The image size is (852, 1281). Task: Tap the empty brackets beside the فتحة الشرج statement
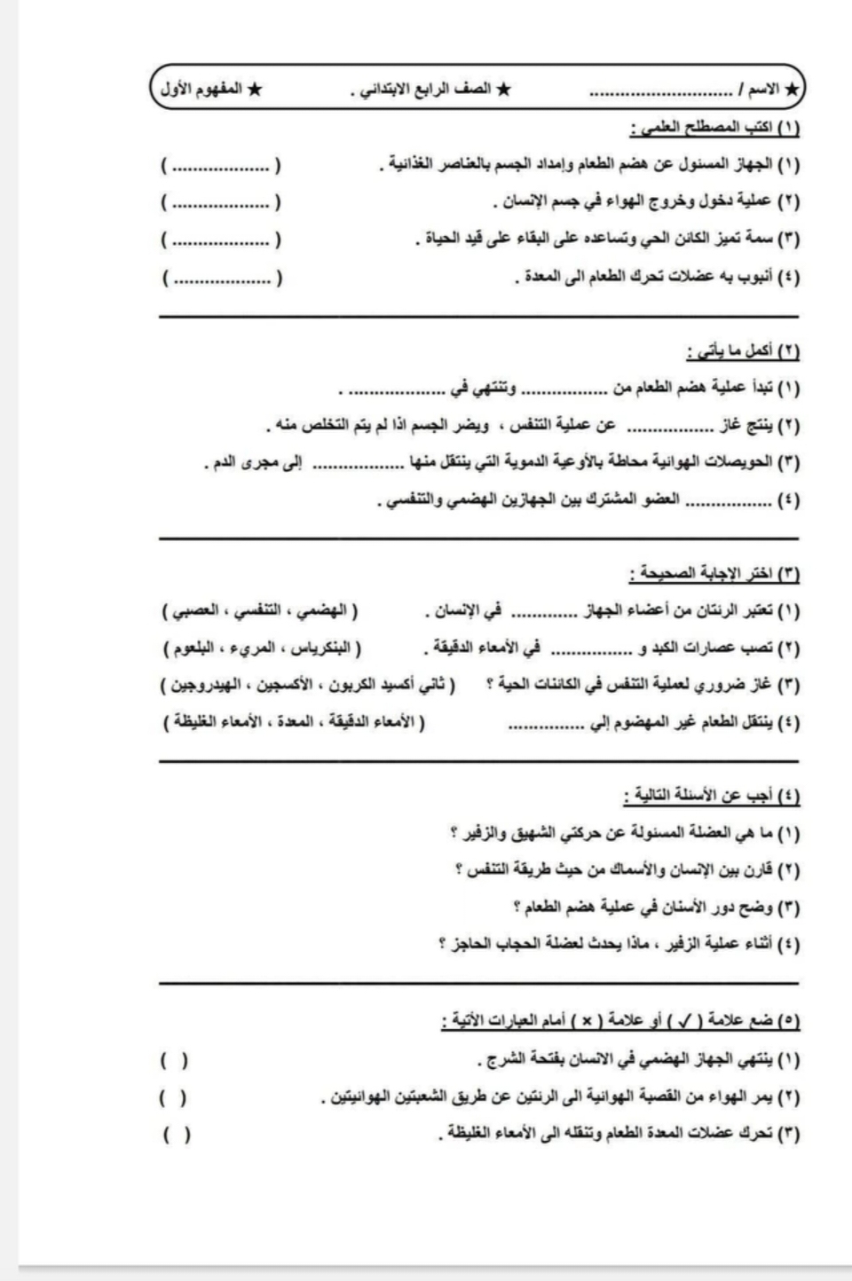click(174, 1059)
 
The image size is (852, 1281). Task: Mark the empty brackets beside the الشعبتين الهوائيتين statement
click(174, 1097)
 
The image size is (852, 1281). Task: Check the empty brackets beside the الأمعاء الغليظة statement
click(176, 1135)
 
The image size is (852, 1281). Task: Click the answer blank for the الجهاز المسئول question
click(221, 166)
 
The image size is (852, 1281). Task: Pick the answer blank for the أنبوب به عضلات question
click(221, 279)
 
